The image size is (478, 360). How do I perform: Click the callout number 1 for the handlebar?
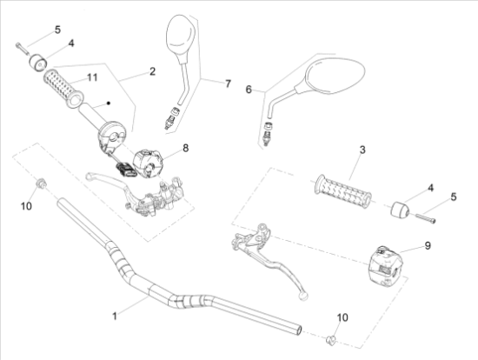(x=115, y=316)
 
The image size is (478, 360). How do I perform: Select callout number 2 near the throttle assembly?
(x=152, y=71)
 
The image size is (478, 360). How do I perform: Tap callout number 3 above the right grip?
(x=362, y=150)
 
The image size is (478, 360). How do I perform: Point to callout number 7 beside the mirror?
(x=228, y=83)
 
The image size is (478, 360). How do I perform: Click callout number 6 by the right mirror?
(x=249, y=90)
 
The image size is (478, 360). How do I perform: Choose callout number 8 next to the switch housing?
(x=185, y=148)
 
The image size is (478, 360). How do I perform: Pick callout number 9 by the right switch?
(x=428, y=245)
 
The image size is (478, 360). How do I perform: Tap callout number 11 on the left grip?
(x=92, y=77)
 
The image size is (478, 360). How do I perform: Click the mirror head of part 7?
(x=180, y=35)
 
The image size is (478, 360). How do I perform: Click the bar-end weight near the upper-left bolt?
(x=38, y=63)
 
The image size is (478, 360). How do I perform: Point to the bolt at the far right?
(x=425, y=218)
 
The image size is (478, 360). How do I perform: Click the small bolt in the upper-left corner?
(x=22, y=49)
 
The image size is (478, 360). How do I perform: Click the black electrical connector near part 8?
(x=125, y=170)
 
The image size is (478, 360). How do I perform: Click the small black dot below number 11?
(x=108, y=103)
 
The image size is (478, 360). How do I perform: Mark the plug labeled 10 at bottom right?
(x=331, y=339)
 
